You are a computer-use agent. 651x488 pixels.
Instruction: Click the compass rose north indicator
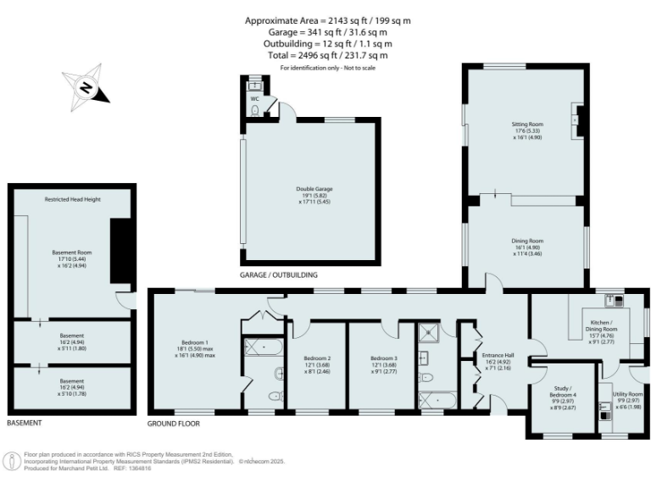[86, 86]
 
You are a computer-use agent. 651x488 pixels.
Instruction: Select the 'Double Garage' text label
[306, 191]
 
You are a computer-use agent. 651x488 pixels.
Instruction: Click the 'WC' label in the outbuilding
[253, 99]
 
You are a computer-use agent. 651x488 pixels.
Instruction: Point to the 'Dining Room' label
[526, 241]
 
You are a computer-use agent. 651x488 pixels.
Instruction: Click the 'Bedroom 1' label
[194, 342]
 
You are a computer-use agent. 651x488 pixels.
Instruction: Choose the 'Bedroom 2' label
[317, 358]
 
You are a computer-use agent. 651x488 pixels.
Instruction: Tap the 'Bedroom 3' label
[383, 358]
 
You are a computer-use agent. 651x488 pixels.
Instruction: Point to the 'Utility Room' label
[628, 395]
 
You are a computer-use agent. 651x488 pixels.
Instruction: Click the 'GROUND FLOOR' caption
[173, 422]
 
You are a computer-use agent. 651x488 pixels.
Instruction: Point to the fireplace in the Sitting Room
[577, 120]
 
